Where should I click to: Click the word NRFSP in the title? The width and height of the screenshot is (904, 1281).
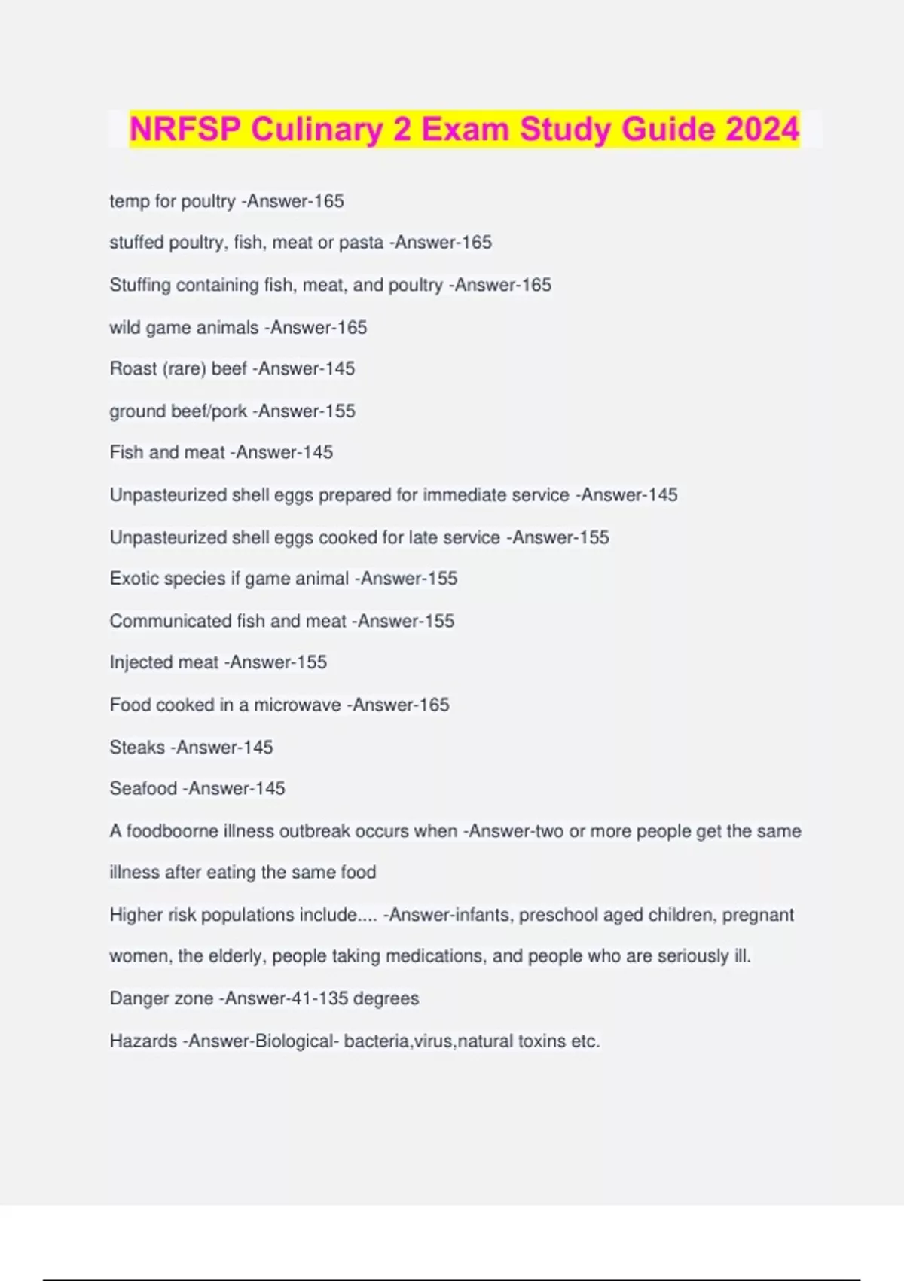pyautogui.click(x=185, y=129)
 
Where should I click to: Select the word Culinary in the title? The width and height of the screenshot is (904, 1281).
pyautogui.click(x=316, y=129)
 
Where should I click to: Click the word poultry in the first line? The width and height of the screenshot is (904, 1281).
pyautogui.click(x=208, y=202)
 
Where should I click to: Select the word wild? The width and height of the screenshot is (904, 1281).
pyautogui.click(x=125, y=328)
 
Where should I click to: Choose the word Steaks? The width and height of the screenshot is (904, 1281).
pyautogui.click(x=137, y=748)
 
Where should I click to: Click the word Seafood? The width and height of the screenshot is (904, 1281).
pyautogui.click(x=143, y=789)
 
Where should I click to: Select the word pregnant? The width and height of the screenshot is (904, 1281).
pyautogui.click(x=758, y=915)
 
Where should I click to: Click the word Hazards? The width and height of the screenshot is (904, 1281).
pyautogui.click(x=143, y=1041)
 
